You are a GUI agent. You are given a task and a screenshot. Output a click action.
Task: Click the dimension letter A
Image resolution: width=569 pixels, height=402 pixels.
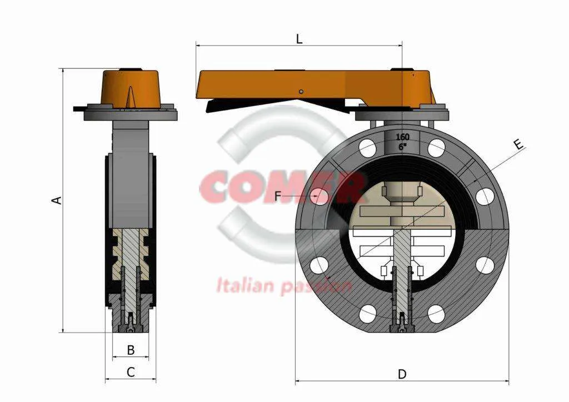point(57,200)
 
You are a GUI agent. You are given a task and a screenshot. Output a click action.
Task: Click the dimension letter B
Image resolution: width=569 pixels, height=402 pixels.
point(131,350)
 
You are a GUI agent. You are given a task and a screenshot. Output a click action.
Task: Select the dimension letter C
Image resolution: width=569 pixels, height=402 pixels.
point(131,373)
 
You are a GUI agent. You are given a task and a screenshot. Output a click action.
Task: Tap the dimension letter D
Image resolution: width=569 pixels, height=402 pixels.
point(402,374)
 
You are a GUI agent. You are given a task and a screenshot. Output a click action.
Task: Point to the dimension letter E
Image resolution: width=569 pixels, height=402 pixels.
point(518,145)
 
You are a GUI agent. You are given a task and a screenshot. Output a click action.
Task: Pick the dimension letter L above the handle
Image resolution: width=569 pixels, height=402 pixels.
point(299,39)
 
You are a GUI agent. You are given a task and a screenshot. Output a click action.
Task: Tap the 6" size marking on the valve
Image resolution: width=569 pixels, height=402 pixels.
point(402,147)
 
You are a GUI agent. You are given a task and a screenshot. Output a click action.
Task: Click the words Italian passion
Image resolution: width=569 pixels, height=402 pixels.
point(283,287)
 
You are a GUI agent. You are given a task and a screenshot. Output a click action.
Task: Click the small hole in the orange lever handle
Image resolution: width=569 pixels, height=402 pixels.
point(301,92)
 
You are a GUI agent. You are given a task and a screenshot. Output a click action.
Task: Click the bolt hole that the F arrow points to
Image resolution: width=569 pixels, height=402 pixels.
point(320,195)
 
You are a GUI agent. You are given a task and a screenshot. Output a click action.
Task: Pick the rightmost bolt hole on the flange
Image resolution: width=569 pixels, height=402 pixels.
point(485,197)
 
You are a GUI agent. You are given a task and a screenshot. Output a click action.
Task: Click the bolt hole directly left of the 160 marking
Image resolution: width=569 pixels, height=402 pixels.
point(367,148)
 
